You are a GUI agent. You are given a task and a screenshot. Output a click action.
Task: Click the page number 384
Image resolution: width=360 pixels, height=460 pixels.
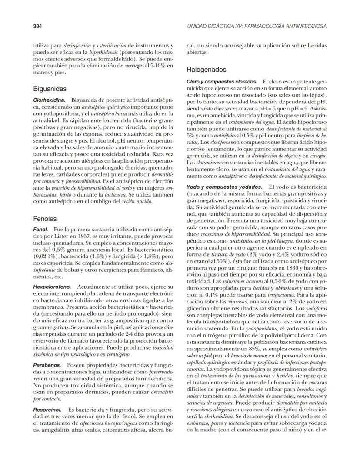[x=37, y=26]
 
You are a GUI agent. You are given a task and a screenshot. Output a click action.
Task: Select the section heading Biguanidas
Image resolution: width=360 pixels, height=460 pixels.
[x=50, y=89]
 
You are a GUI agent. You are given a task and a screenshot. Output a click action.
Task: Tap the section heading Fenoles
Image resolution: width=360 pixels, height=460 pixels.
[x=45, y=219]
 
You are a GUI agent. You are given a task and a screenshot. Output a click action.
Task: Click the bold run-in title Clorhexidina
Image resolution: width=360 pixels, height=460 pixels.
[x=49, y=100]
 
